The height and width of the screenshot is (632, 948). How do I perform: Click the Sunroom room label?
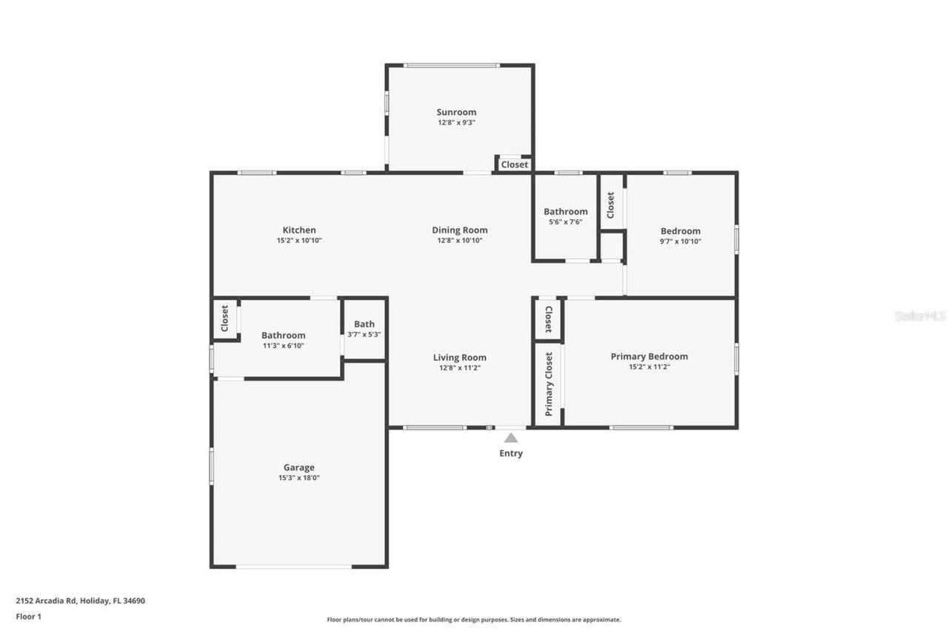pos(456,113)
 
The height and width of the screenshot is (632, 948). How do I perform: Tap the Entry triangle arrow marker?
pos(511,438)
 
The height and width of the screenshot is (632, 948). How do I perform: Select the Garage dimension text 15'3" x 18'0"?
pos(298,478)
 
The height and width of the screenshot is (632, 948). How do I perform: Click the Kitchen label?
pos(299,230)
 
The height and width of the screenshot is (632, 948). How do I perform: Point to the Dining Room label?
pos(460,230)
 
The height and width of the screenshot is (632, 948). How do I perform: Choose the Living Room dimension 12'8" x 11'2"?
pos(460,367)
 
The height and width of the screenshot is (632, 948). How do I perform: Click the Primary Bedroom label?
pos(649,356)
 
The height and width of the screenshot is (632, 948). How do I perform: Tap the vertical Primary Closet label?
pos(549,384)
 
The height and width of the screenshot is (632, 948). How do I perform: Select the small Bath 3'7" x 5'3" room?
pos(364,329)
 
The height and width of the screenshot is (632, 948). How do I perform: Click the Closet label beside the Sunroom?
pos(515,164)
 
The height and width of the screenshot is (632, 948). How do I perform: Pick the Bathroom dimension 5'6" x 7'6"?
pos(566,222)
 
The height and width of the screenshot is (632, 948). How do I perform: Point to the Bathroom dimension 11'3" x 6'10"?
pos(283,345)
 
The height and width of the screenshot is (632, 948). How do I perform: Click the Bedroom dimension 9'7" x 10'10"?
pos(680,241)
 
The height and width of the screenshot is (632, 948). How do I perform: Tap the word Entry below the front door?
pos(511,453)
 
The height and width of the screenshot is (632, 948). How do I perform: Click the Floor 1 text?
pos(29,616)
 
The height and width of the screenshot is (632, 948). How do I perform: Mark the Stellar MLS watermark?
pos(920,316)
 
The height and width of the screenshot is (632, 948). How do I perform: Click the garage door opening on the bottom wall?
pos(294,567)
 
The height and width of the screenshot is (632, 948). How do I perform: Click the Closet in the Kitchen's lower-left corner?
pos(225,319)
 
